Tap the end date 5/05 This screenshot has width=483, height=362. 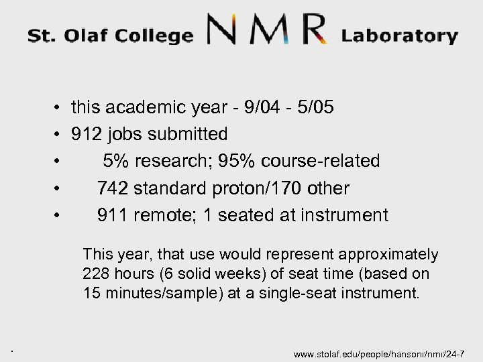pos(320,107)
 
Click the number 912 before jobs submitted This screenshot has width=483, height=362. pos(87,134)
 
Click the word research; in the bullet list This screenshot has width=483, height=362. pos(149,162)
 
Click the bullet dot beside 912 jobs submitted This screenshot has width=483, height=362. pos(60,134)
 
